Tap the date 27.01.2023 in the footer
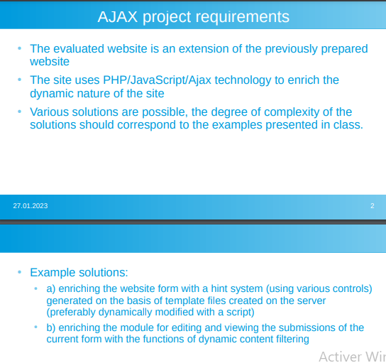31,205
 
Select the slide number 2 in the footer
372,205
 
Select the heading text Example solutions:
79,272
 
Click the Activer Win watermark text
352,356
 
